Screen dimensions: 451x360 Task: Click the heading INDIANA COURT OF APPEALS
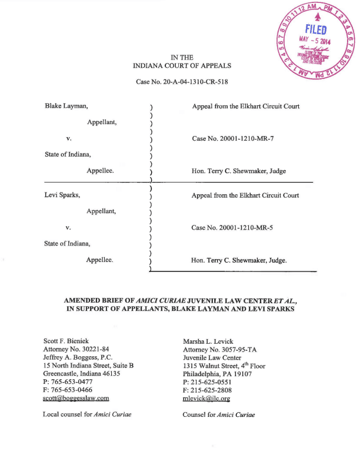tap(182, 66)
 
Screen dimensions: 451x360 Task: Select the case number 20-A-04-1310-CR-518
tap(182, 81)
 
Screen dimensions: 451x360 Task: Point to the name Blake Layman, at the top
tap(66, 107)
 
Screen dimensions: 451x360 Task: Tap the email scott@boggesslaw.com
tap(76, 398)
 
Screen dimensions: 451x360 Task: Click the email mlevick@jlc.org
tap(206, 398)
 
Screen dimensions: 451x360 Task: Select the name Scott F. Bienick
tap(69, 341)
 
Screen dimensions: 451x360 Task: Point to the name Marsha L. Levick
tap(208, 341)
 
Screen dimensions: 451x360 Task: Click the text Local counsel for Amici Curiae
tap(86, 414)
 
